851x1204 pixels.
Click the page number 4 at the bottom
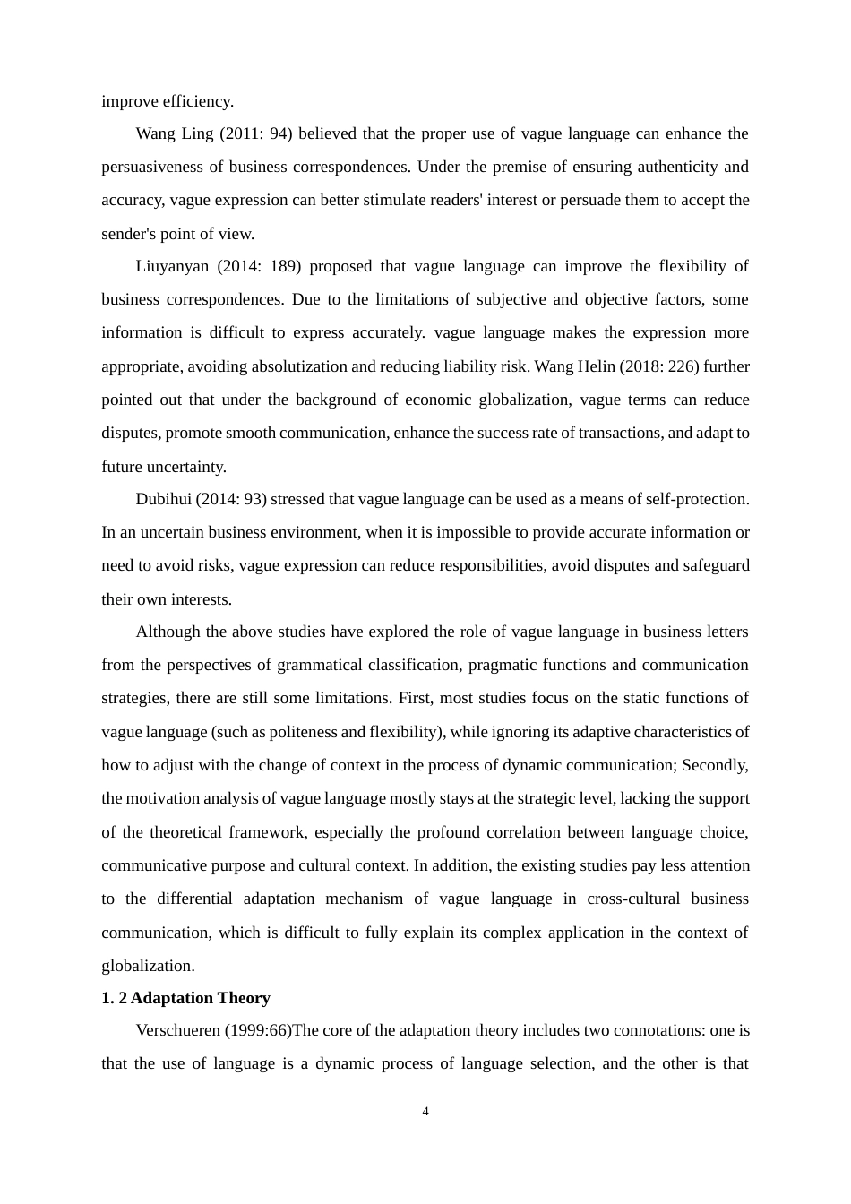[x=425, y=1112]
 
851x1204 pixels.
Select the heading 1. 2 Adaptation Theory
[x=185, y=998]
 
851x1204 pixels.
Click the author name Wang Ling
[x=175, y=133]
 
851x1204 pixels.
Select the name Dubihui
[x=163, y=499]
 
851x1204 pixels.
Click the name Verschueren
[x=177, y=1030]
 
